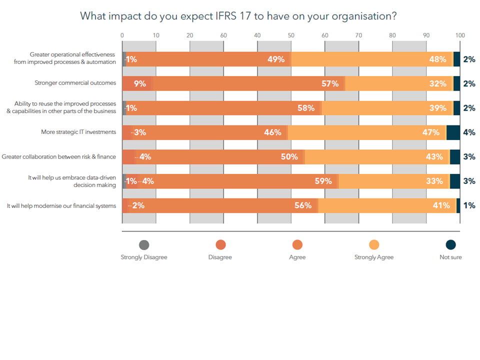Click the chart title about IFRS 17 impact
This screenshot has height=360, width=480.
(x=238, y=16)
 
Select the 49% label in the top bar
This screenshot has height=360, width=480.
(x=276, y=59)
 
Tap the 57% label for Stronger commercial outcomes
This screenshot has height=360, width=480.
(x=330, y=83)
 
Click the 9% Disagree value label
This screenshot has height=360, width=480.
(x=140, y=83)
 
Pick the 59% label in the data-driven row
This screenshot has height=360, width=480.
(x=323, y=181)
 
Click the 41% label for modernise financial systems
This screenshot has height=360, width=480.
(x=441, y=205)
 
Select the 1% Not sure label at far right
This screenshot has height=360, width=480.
(x=469, y=205)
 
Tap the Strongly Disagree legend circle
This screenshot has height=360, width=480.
(x=144, y=244)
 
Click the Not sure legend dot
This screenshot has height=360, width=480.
(x=451, y=244)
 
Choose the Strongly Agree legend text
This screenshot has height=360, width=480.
(x=374, y=257)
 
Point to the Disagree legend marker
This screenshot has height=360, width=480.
(x=220, y=244)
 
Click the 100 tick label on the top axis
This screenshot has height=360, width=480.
(x=460, y=35)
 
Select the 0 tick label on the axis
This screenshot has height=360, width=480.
(x=122, y=35)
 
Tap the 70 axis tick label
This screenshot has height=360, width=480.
(x=358, y=35)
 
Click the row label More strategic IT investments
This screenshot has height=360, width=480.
(x=78, y=132)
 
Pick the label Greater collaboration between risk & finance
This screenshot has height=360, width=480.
(x=59, y=156)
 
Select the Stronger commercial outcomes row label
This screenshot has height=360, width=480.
(x=75, y=83)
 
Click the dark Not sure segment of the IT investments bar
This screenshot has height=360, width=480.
(x=453, y=132)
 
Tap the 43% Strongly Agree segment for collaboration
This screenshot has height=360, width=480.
(x=377, y=156)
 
